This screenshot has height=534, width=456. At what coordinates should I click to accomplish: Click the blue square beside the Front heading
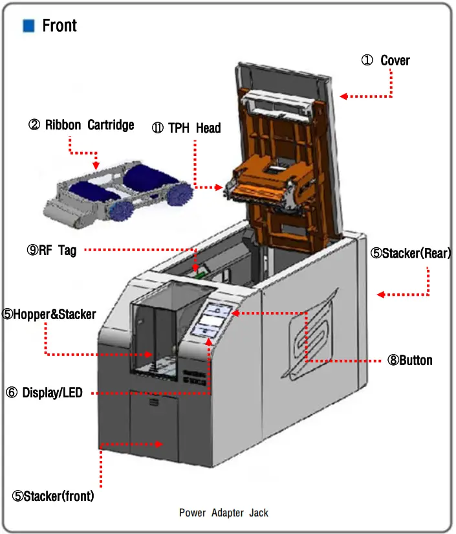[x=28, y=26]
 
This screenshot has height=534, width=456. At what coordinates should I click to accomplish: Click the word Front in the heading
[x=60, y=26]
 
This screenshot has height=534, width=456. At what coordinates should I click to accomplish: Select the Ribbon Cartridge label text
[x=81, y=125]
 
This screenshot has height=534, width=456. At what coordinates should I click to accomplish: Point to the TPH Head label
[x=186, y=128]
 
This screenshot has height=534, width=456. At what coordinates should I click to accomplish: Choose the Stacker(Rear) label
[x=410, y=253]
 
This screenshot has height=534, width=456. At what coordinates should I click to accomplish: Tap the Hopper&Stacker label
[x=49, y=315]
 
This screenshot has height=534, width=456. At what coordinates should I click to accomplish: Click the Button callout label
[x=409, y=360]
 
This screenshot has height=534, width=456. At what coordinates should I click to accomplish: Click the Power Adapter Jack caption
[x=223, y=513]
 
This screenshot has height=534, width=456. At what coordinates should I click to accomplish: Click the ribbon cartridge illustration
[x=120, y=191]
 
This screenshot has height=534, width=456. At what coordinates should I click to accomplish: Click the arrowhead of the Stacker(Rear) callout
[x=381, y=295]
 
